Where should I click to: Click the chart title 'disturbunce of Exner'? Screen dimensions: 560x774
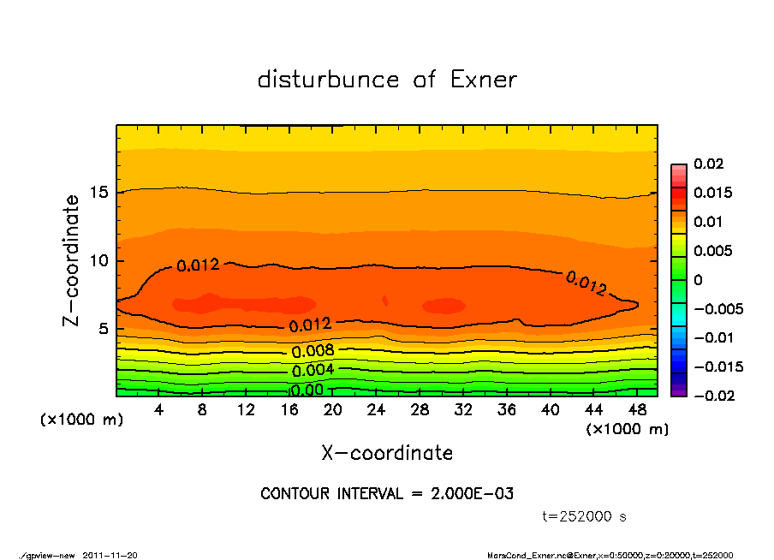coord(387,80)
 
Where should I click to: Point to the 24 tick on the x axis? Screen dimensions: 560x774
coord(376,410)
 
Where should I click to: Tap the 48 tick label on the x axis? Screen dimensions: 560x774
coord(637,410)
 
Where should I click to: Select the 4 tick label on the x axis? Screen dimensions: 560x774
coord(159,410)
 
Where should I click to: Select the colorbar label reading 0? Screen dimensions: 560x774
coord(698,280)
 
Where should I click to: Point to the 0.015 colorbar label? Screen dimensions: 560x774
coord(712,193)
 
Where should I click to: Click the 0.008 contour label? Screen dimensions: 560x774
coord(313,351)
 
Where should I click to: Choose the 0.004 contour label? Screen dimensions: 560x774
coord(313,371)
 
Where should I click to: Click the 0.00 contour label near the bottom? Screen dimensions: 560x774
coord(306,390)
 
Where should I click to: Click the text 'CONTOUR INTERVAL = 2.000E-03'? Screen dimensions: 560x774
coord(387,493)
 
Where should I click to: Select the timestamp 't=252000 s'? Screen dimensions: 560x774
coord(585,516)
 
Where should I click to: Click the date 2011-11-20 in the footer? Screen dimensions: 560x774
coord(110,555)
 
